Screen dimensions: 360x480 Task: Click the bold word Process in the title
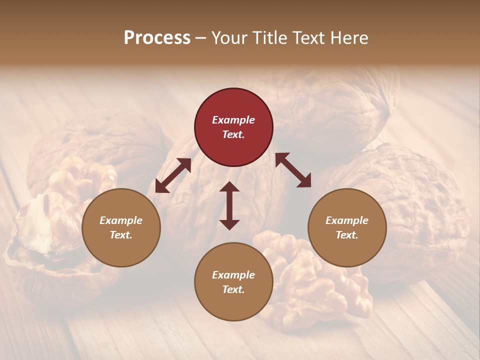[157, 38]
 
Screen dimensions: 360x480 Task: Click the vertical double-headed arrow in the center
[229, 205]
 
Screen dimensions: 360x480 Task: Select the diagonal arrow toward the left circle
[173, 175]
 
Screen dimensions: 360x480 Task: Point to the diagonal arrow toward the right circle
[293, 170]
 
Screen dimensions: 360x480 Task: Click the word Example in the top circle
[233, 120]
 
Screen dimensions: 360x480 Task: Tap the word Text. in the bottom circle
[233, 289]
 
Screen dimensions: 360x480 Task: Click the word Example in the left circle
[121, 220]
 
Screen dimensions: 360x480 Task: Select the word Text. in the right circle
[347, 235]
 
